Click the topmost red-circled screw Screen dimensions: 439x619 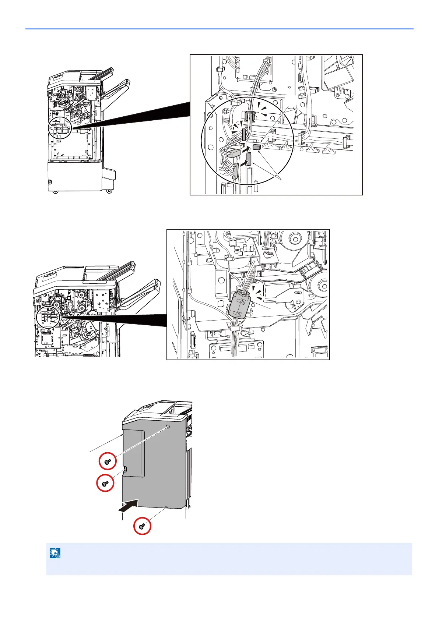[108, 461]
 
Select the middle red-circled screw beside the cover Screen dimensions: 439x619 [105, 483]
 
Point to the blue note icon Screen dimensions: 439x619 [55, 553]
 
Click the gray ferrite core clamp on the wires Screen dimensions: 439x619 [240, 304]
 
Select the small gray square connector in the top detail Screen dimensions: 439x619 [257, 147]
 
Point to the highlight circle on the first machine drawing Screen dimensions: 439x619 [59, 128]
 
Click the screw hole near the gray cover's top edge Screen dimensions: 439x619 [168, 427]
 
